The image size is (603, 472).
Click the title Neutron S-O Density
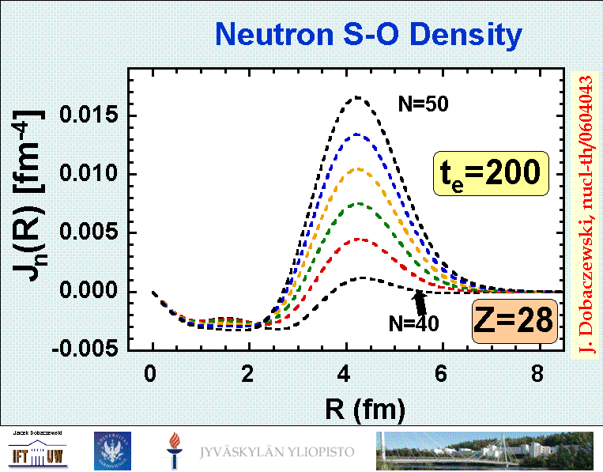coord(368,35)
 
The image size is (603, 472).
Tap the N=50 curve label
coord(423,103)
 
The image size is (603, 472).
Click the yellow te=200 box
coord(490,173)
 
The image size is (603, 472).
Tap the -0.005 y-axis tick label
coord(89,349)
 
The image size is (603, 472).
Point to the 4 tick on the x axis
coord(345,373)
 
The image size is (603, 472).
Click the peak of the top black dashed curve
coord(357,97)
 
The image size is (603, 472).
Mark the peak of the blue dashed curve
coord(357,134)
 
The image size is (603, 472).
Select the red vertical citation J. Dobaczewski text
coord(586,213)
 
